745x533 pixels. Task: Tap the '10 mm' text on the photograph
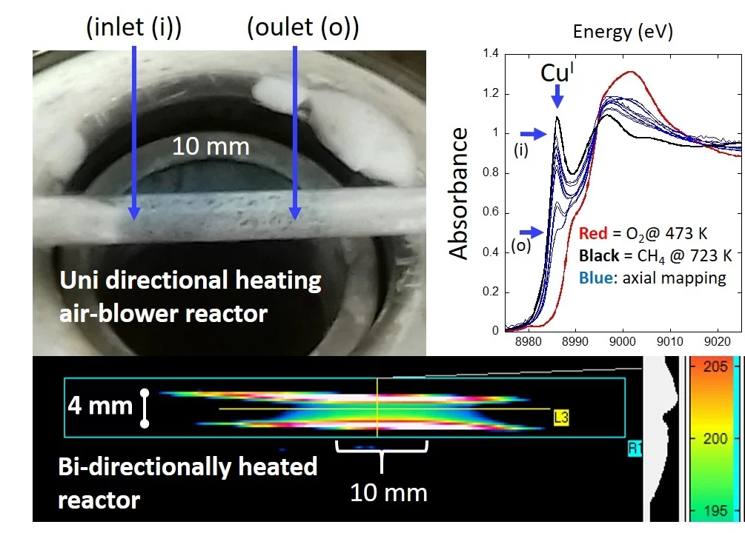pos(211,147)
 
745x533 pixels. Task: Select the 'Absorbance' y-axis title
pos(460,193)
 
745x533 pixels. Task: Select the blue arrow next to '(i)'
pos(533,133)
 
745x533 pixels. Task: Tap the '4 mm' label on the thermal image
pos(100,406)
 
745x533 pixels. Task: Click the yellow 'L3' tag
pos(560,419)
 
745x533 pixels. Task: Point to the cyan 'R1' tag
pos(635,447)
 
